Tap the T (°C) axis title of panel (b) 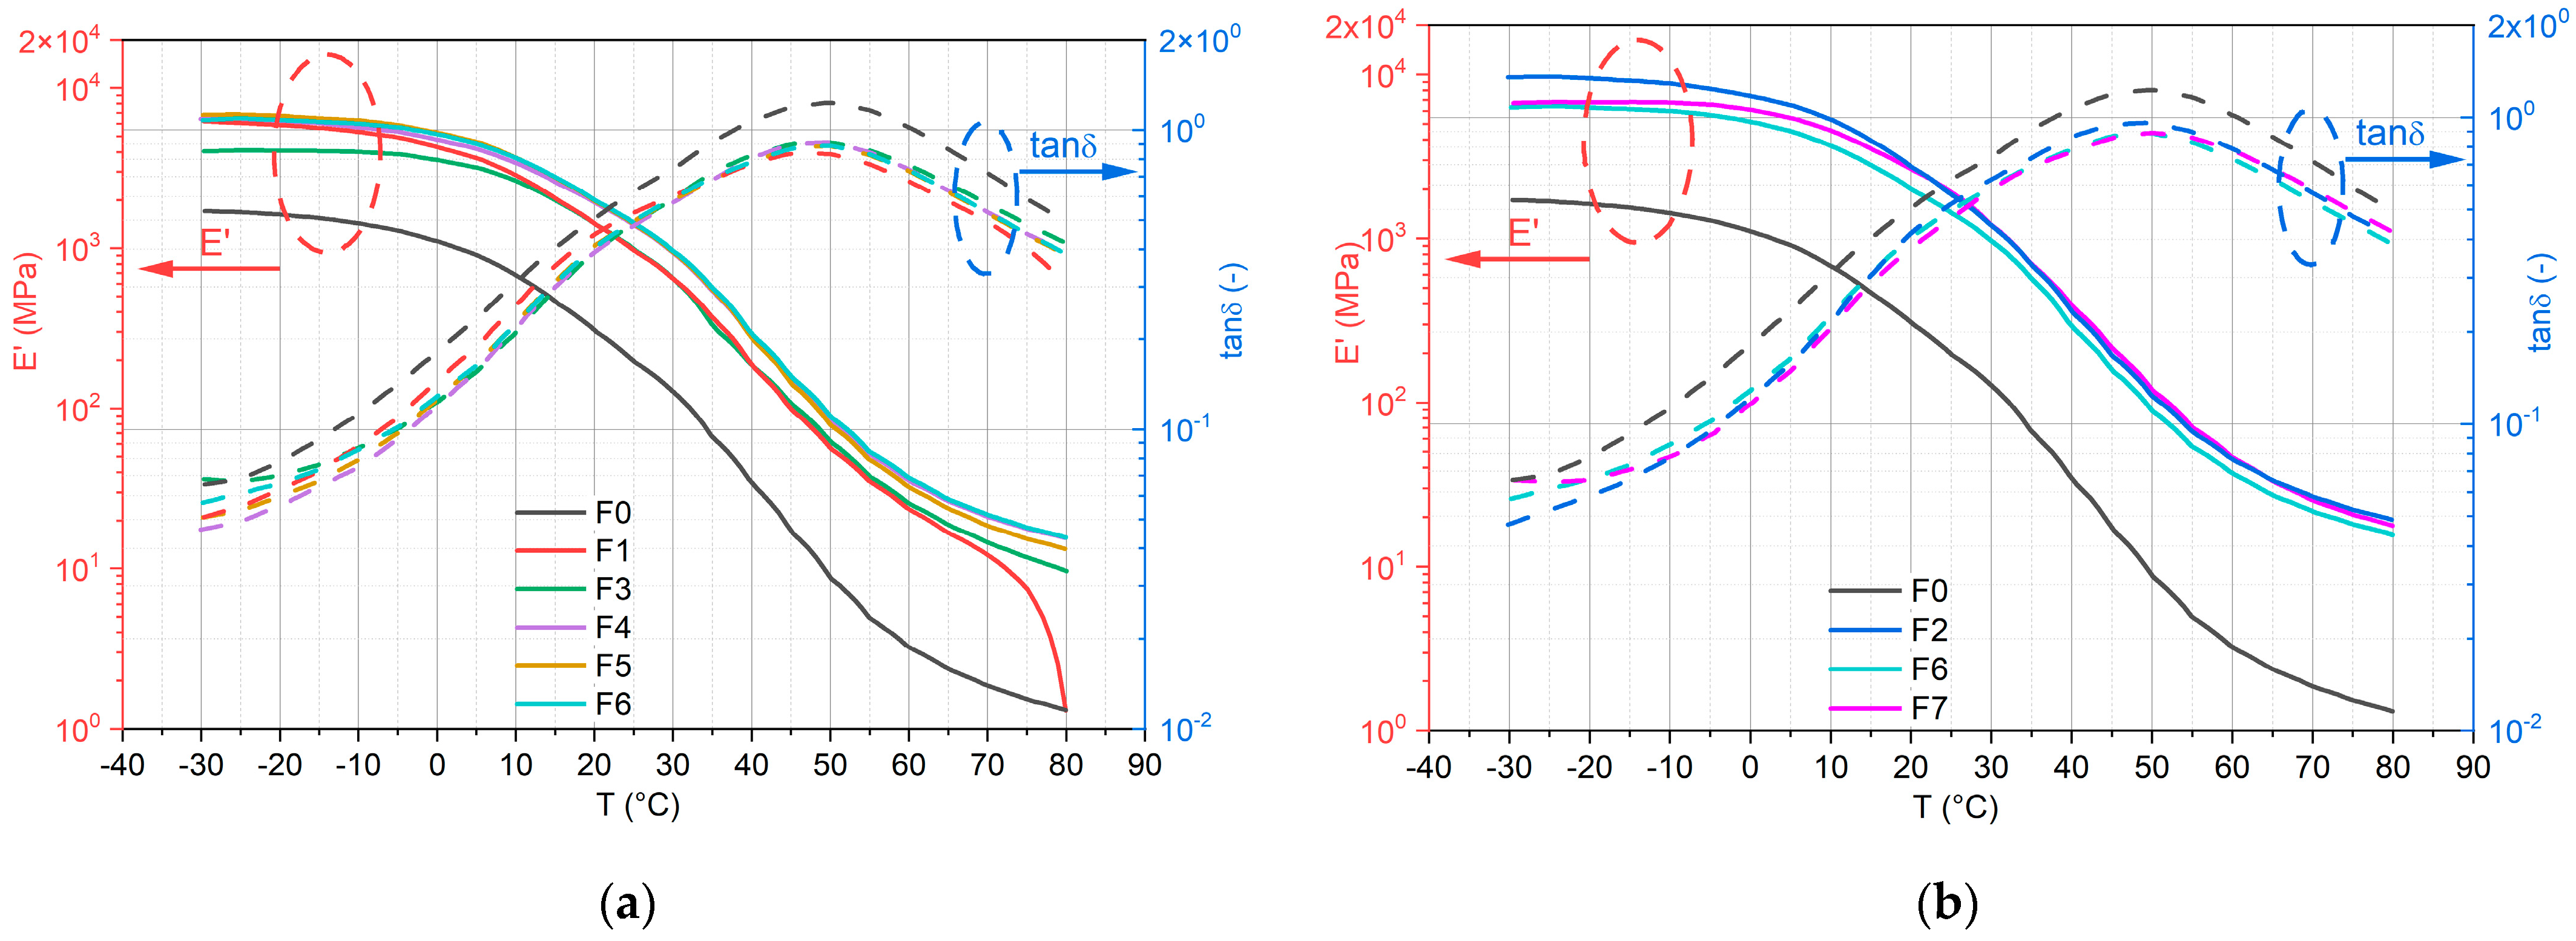pyautogui.click(x=1955, y=807)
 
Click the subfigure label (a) pyautogui.click(x=627, y=905)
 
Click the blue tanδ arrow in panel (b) pyautogui.click(x=2405, y=159)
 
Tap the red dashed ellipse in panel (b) pyautogui.click(x=1637, y=140)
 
